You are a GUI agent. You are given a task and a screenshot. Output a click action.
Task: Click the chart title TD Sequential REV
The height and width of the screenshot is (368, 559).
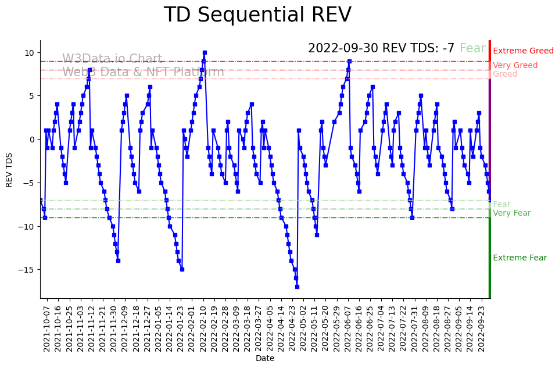click(257, 15)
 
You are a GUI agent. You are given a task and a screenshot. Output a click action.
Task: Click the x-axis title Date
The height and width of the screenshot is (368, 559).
click(265, 358)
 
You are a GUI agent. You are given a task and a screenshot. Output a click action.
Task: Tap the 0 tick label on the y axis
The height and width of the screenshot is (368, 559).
click(33, 140)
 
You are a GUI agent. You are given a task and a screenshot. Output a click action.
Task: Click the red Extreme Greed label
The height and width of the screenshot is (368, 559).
click(523, 51)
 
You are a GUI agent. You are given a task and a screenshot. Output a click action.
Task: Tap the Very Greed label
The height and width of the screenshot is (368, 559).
click(515, 66)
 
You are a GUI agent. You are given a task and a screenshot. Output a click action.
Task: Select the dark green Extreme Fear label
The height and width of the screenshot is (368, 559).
click(519, 258)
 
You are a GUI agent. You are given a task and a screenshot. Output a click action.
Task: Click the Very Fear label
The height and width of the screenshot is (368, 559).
click(511, 213)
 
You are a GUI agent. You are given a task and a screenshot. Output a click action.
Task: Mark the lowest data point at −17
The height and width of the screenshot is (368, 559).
click(297, 287)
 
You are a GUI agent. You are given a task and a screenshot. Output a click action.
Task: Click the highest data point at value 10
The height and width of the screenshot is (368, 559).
click(205, 53)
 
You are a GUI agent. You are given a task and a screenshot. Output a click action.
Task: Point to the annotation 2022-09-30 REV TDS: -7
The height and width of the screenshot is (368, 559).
click(381, 49)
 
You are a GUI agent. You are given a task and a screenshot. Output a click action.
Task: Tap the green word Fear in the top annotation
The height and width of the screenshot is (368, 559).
click(472, 49)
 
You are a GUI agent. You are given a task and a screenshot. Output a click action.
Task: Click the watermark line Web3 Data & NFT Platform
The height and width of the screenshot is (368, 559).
click(143, 73)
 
